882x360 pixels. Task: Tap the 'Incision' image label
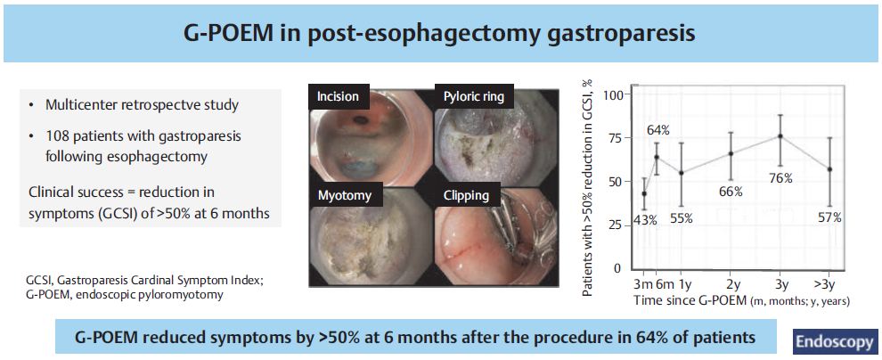338,97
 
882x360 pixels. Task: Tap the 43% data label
645,220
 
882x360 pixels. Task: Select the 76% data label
780,179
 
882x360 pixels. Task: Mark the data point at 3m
644,193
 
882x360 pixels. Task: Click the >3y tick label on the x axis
829,283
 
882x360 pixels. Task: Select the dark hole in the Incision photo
359,119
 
